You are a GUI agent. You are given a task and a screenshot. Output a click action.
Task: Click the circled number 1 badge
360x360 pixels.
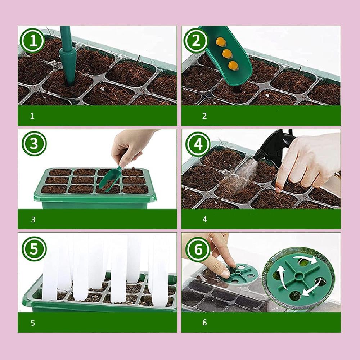(x=33, y=41)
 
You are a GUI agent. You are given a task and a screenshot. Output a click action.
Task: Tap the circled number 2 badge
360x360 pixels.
(x=196, y=41)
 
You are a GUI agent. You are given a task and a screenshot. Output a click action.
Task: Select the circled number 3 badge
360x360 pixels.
(x=34, y=144)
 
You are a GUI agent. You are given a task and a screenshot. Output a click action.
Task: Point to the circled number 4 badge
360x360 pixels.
(x=198, y=144)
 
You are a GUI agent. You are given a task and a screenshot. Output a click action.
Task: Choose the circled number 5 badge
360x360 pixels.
(x=34, y=249)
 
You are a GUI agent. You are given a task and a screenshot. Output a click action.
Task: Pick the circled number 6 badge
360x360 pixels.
(x=198, y=249)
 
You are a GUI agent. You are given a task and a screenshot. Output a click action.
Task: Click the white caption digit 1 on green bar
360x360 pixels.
(x=32, y=116)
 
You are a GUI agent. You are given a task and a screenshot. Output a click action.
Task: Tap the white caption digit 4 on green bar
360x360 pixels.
(x=205, y=219)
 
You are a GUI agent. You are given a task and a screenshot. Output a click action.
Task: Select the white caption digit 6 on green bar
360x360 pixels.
(x=204, y=323)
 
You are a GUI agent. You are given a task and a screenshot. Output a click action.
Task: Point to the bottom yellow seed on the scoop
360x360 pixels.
(x=234, y=66)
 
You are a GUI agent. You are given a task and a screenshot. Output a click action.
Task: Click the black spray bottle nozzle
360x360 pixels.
(x=259, y=154)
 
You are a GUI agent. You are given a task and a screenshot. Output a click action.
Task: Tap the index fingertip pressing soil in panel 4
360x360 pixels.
(x=279, y=189)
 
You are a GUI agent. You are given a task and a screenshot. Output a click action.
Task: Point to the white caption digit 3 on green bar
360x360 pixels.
(x=33, y=220)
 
